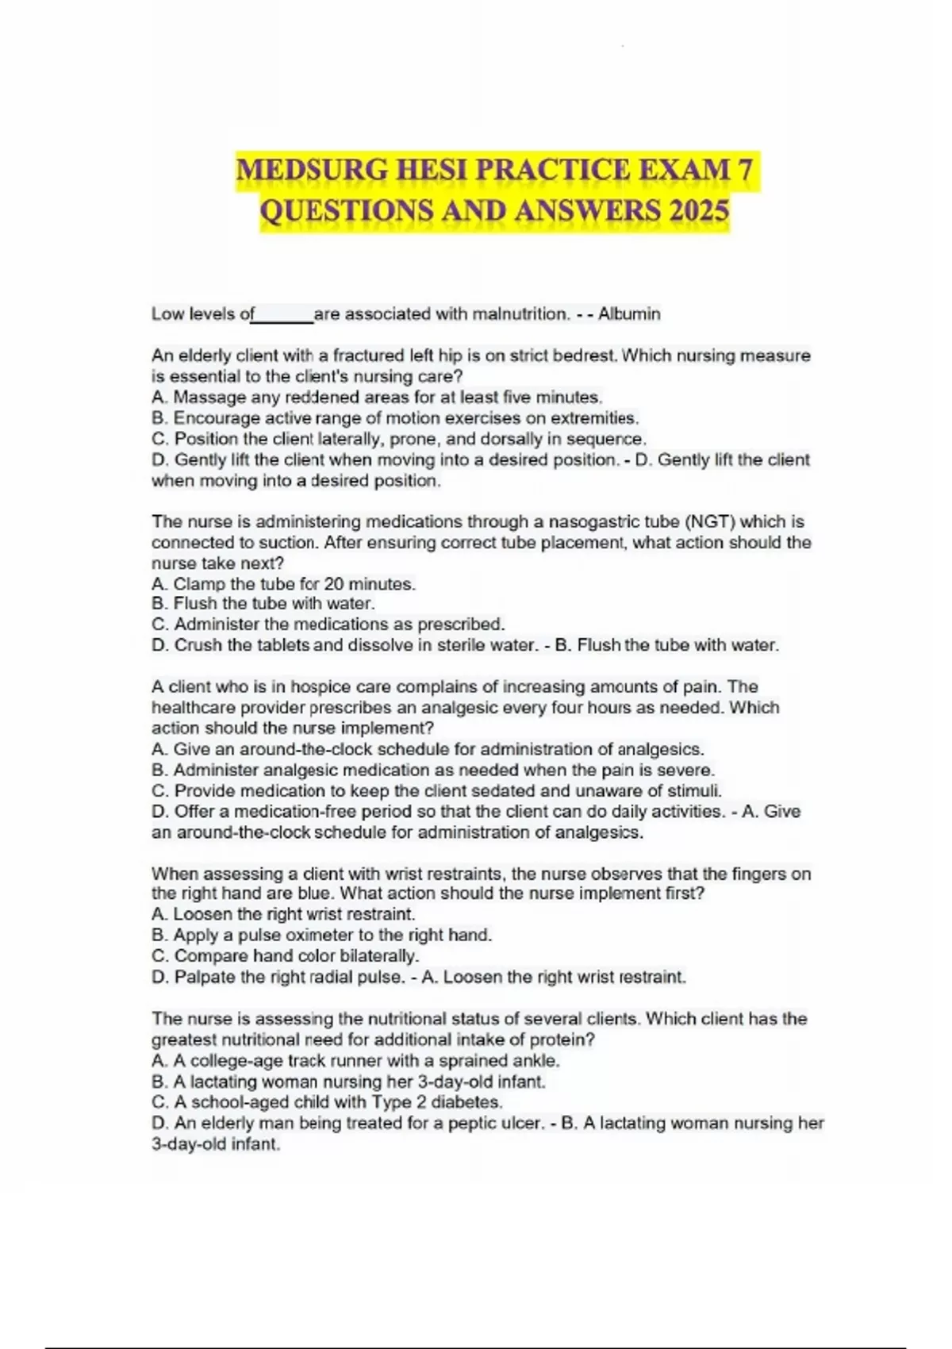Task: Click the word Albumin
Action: click(629, 314)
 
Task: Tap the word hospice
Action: click(301, 687)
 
